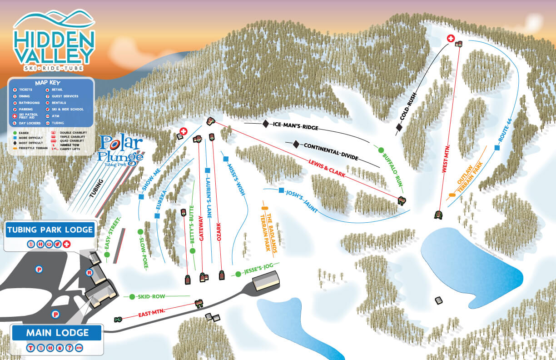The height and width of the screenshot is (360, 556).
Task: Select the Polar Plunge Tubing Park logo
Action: tap(120, 150)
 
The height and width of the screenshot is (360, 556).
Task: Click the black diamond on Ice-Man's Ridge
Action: tap(266, 124)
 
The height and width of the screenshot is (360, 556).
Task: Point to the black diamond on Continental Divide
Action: tap(296, 145)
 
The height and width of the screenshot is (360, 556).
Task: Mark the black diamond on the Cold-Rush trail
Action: tap(399, 128)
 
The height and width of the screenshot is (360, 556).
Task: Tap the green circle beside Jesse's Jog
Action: tap(238, 274)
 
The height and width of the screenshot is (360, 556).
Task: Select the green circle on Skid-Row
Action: tap(132, 297)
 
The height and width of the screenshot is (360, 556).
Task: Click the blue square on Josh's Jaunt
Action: tap(281, 190)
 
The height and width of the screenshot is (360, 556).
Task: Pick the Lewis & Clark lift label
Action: tap(326, 168)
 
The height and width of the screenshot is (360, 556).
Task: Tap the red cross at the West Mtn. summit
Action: tap(452, 39)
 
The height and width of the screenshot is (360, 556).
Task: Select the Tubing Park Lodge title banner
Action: tap(50, 230)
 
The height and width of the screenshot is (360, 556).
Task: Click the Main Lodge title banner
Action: tap(57, 333)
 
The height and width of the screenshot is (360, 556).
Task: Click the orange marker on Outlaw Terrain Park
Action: tap(452, 195)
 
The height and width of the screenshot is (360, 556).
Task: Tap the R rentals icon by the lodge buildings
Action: tap(89, 273)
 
